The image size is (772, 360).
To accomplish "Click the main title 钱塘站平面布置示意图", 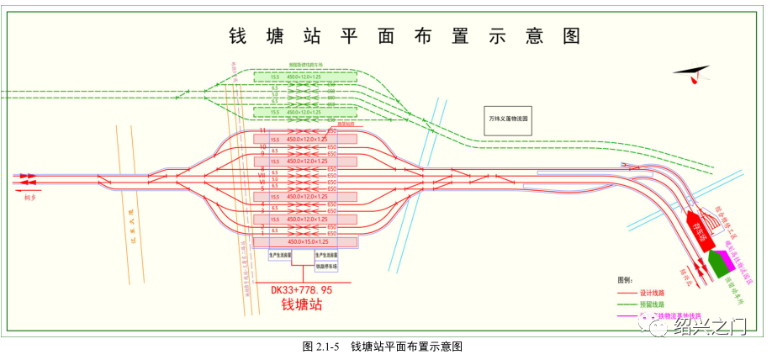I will [405, 36].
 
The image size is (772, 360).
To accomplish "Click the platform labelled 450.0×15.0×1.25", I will [306, 241].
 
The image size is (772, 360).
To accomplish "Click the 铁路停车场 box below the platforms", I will [326, 267].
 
